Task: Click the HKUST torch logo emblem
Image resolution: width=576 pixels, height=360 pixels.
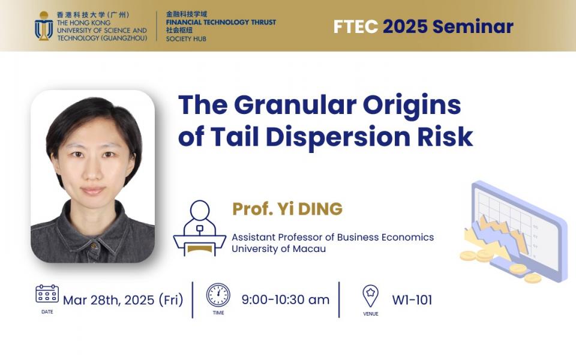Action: [x=44, y=26]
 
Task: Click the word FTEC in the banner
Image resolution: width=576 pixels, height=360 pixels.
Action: [x=356, y=26]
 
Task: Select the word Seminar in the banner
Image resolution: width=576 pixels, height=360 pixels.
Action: [x=473, y=26]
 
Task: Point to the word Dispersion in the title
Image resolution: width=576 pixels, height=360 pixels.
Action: [x=338, y=137]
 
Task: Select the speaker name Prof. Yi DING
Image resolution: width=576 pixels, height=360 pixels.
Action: [x=287, y=209]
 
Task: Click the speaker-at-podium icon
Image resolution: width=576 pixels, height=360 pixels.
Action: [x=199, y=228]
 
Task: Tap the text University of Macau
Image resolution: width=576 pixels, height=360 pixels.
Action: [x=278, y=248]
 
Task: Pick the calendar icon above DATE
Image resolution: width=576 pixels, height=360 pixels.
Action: [x=47, y=293]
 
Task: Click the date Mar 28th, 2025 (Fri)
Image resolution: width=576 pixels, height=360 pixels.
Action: [x=123, y=300]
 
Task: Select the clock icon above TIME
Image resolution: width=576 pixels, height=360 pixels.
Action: [x=218, y=295]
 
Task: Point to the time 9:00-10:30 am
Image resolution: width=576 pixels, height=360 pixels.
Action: [x=286, y=300]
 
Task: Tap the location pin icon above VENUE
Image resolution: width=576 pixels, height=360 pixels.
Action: [x=370, y=296]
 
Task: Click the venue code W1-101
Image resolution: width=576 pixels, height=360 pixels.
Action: [x=412, y=300]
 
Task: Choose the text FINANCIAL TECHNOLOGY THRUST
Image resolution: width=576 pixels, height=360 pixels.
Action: [x=221, y=22]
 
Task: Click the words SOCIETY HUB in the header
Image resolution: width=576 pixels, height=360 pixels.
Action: [x=186, y=38]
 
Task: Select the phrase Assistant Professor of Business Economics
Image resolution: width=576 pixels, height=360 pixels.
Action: [x=333, y=238]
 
